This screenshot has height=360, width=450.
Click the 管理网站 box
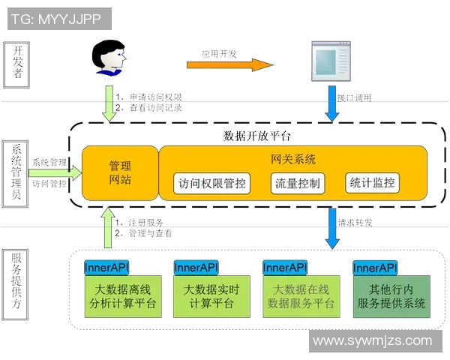pos(120,172)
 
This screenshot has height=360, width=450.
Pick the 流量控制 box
pos(298,183)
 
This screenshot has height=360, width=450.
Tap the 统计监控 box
pos(372,182)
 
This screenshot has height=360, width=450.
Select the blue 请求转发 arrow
pos(331,227)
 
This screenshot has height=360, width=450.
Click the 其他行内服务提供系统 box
pos(391,295)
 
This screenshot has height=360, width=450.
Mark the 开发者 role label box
pos(17,61)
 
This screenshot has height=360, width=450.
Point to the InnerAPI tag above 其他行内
pos(375,268)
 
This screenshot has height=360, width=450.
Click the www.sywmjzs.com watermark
pos(373,341)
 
